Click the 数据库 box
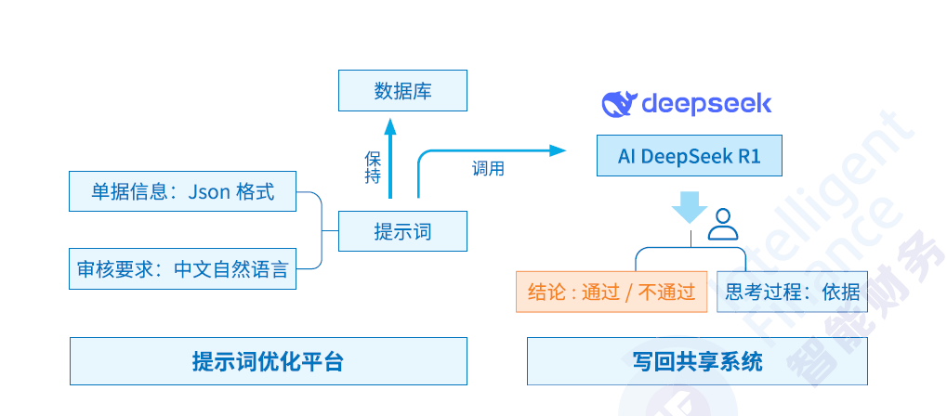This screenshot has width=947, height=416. point(402,91)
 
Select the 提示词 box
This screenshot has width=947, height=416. point(402,231)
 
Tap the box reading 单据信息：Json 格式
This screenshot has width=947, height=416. point(183,191)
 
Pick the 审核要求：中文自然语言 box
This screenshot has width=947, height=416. point(183,269)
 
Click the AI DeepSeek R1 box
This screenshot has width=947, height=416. point(689,156)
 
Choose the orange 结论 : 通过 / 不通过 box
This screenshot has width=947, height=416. point(612,292)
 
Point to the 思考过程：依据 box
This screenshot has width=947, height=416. point(792,292)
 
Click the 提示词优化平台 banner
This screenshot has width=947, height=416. point(269,361)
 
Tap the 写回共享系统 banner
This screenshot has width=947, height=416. point(697,361)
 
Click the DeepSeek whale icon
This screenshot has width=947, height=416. point(618,103)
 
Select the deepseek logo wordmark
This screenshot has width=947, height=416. point(706,102)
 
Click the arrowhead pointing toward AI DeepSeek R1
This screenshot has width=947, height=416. point(557,150)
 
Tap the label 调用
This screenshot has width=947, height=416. point(488,169)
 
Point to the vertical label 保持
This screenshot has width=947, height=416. point(373,167)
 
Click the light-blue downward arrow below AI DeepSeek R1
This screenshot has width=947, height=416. point(689,207)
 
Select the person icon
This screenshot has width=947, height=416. point(723,224)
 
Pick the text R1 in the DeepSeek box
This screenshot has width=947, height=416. point(749,156)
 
